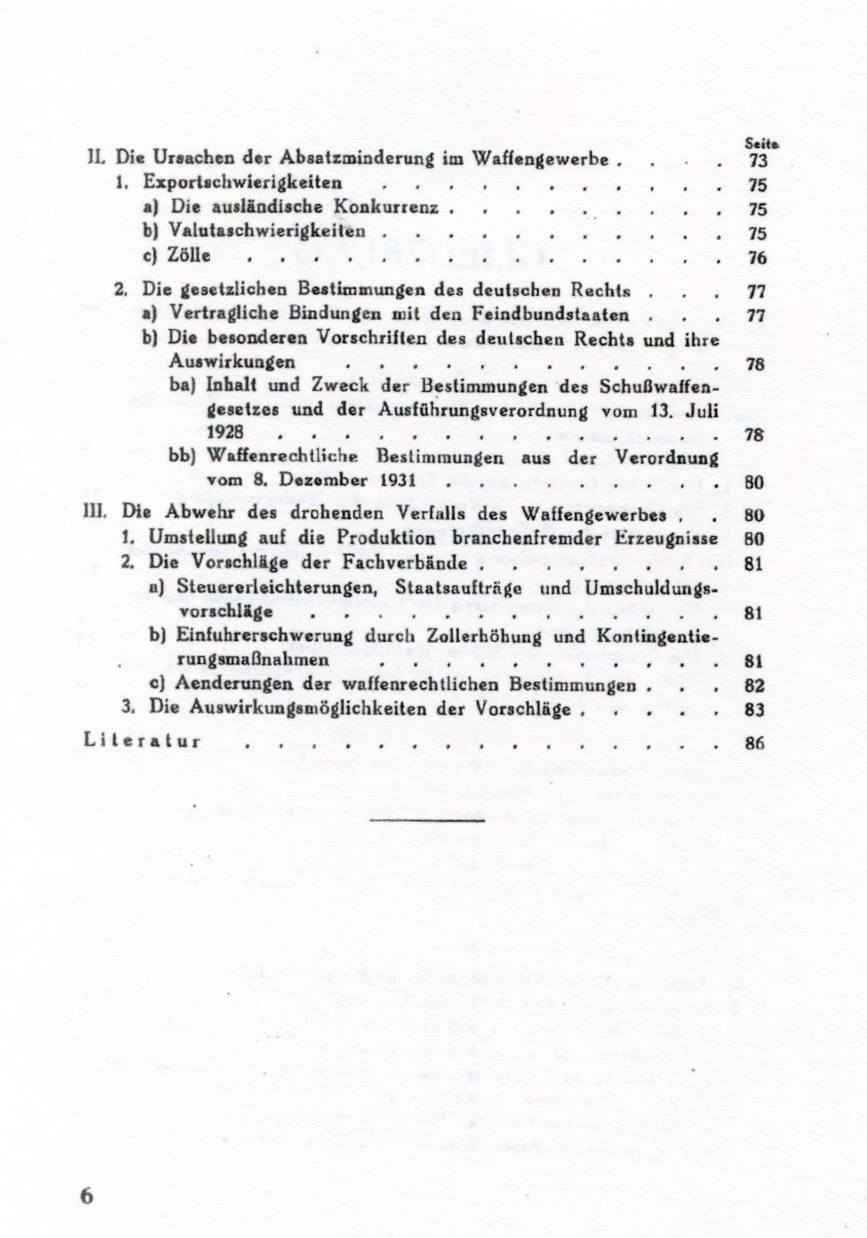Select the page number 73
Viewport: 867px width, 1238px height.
point(756,161)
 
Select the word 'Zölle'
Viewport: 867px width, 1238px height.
point(188,256)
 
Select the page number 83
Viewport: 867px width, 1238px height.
point(754,709)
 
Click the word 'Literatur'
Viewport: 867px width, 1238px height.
point(142,740)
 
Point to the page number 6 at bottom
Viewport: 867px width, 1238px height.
point(87,1197)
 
